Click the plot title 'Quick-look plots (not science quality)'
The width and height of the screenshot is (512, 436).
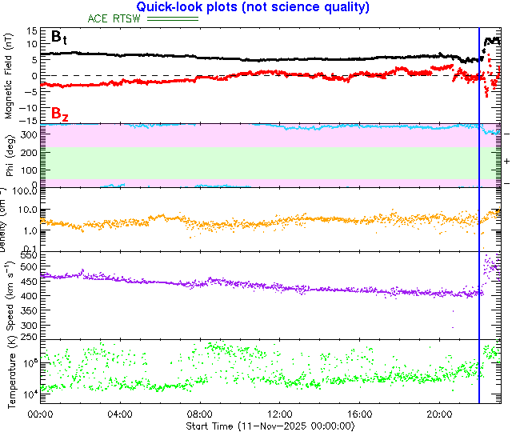[258, 7]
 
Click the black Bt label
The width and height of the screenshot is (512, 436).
[59, 37]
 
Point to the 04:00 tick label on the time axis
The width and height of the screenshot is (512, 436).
[119, 415]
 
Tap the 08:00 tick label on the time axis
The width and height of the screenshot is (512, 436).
[199, 415]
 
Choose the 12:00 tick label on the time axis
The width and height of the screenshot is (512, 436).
[279, 415]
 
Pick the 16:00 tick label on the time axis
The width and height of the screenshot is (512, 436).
[360, 415]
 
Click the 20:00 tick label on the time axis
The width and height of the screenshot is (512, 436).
[440, 415]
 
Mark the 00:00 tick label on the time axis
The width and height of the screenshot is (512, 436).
[40, 415]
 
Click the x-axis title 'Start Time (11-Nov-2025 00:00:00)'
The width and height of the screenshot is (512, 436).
[270, 426]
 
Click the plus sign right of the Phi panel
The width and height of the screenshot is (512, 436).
[506, 161]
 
